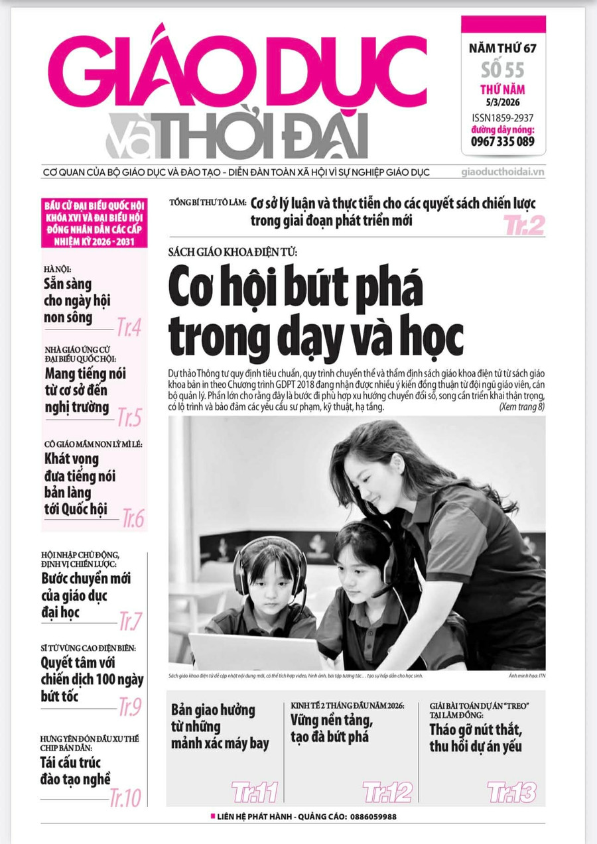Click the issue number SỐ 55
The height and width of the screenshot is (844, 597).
[x=503, y=70]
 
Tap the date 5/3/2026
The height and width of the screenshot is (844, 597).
[x=503, y=103]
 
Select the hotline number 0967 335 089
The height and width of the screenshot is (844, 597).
[x=503, y=141]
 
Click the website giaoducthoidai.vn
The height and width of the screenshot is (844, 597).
[x=503, y=172]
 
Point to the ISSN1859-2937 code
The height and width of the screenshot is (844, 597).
[x=503, y=117]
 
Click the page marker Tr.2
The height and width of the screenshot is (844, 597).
[x=523, y=225]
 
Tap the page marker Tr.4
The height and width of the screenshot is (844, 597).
[x=129, y=327]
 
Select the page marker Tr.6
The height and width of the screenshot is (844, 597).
[x=133, y=519]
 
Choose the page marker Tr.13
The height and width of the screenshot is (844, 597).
[x=511, y=792]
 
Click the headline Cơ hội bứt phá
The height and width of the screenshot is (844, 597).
[x=295, y=288]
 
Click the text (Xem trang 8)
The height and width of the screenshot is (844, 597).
[x=521, y=406]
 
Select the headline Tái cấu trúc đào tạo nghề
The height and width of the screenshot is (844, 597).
[x=75, y=770]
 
